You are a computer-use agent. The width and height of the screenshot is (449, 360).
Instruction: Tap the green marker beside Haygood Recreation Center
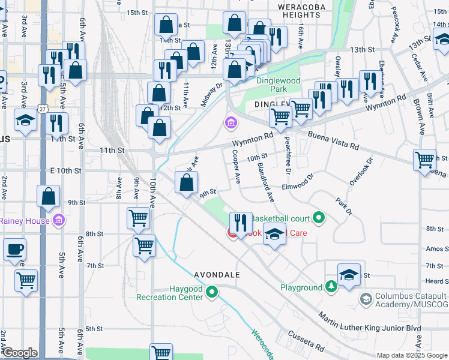[211, 293]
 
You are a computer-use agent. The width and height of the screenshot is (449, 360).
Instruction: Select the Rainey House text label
[24, 221]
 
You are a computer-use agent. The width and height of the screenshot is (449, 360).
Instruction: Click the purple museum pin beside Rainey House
[58, 221]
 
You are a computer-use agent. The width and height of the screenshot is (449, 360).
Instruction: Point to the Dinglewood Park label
[278, 85]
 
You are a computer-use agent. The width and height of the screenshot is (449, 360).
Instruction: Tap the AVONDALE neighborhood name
[217, 275]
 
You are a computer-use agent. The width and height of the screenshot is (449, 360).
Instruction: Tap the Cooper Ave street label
[236, 166]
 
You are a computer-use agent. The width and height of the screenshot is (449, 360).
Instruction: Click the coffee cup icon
[14, 248]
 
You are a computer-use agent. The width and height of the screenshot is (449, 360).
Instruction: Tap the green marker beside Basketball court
[319, 218]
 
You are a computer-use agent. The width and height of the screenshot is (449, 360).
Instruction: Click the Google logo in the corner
[20, 352]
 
